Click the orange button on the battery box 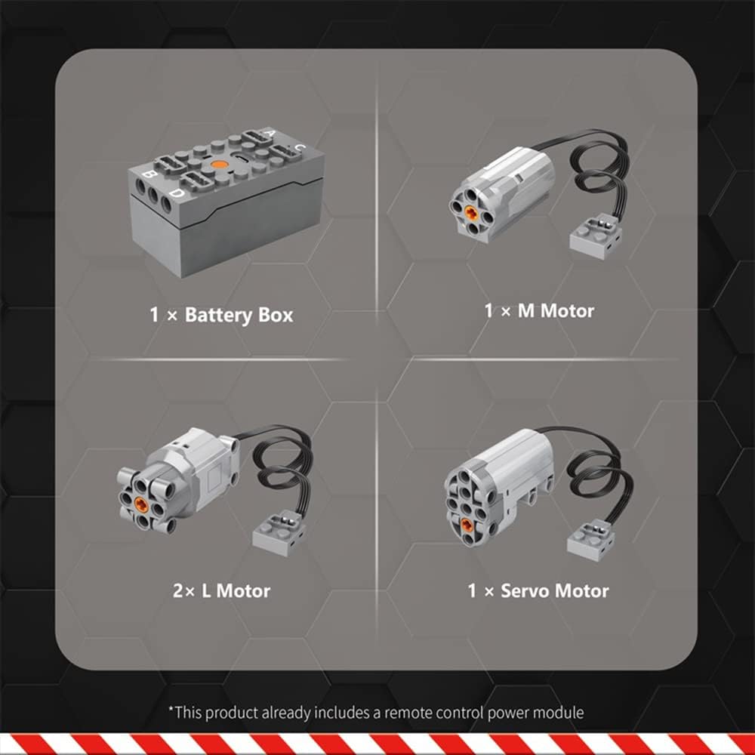[219, 165]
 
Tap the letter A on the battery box [270, 132]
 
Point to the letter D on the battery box [177, 193]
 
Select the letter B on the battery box [149, 174]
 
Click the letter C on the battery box [300, 148]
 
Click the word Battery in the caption [219, 316]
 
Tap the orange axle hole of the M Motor [470, 211]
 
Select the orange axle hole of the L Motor [141, 504]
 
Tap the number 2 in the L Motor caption [178, 591]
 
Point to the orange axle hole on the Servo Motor [467, 525]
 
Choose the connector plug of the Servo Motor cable [593, 539]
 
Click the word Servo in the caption [523, 591]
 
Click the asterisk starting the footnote [171, 709]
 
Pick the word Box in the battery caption [276, 315]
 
